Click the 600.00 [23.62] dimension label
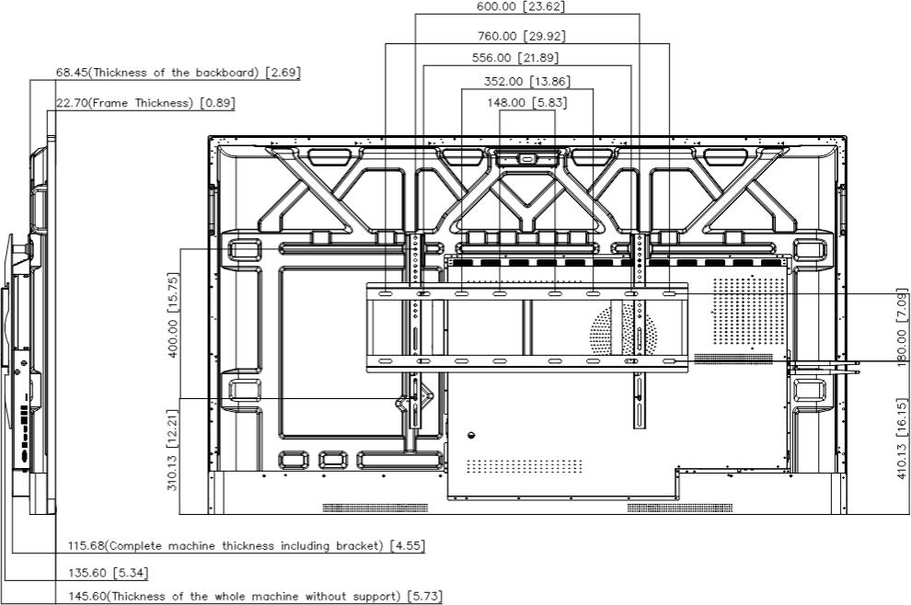[521, 6]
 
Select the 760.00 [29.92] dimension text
[521, 36]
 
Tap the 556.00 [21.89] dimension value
[515, 58]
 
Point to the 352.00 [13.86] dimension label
[527, 81]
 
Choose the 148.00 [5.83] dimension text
[527, 103]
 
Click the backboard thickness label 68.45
[178, 73]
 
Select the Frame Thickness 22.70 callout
[145, 103]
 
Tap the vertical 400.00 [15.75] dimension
[173, 315]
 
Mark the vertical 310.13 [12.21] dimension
[173, 450]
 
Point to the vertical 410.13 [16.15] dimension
[902, 439]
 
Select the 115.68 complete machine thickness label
[247, 546]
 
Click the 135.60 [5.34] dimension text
[108, 573]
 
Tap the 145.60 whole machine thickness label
[255, 597]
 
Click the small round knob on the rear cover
[471, 435]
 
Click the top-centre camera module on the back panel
[527, 158]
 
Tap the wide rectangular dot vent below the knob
[525, 465]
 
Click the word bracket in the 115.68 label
[358, 546]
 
